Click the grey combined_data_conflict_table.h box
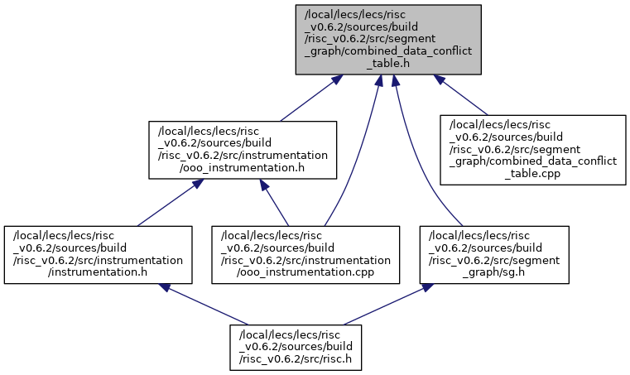[x=388, y=40]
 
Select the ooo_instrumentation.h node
[x=243, y=150]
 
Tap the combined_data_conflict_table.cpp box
[x=533, y=150]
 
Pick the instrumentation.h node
[x=98, y=255]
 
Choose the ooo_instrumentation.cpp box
[x=305, y=255]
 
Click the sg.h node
[x=494, y=255]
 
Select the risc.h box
[x=296, y=348]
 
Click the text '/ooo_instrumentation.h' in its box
[x=243, y=167]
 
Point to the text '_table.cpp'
[x=533, y=174]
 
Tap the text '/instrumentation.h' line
[x=98, y=272]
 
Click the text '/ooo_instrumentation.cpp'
[x=305, y=272]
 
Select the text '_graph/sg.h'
[x=493, y=272]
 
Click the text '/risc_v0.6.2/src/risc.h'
[x=296, y=358]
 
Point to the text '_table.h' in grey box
[x=388, y=64]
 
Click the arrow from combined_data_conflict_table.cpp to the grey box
[x=461, y=95]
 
